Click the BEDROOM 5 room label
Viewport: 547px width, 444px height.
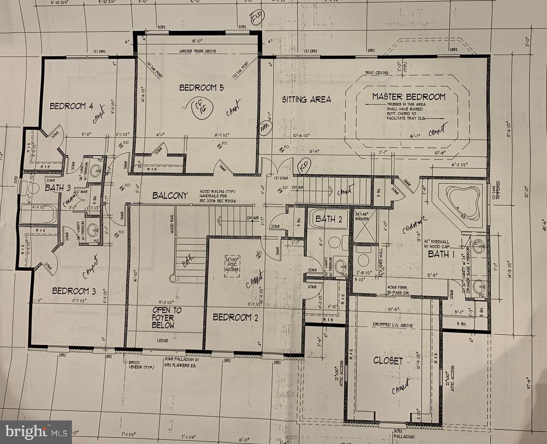pos(201,88)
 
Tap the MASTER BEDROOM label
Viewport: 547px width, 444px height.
pos(408,97)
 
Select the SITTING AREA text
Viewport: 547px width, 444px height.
pos(306,99)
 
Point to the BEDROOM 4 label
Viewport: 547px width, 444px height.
pos(71,106)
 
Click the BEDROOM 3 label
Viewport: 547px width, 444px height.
pos(74,291)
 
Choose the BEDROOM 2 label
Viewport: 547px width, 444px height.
pos(235,317)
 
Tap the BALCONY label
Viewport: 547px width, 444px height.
pos(170,195)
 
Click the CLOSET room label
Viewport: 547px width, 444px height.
pos(388,361)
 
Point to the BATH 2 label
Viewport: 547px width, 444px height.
pos(328,219)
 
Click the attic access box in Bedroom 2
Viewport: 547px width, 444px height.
pos(231,265)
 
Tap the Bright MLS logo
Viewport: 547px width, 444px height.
pos(36,432)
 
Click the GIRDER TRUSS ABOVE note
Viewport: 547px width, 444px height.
pos(198,51)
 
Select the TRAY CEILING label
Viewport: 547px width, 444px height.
pos(376,73)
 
